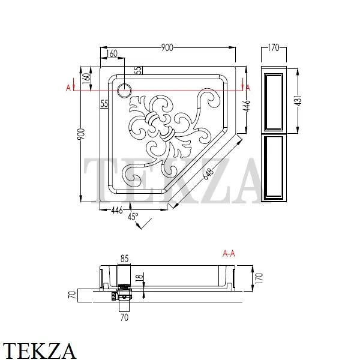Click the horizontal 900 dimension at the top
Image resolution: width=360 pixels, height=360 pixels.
pos(168,47)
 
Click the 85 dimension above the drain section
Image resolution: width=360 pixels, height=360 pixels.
pos(124,259)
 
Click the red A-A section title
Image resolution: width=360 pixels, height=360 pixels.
pos(229,253)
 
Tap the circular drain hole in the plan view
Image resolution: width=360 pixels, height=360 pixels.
pos(124,91)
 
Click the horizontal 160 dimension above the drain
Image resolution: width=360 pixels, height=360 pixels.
pos(112,54)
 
